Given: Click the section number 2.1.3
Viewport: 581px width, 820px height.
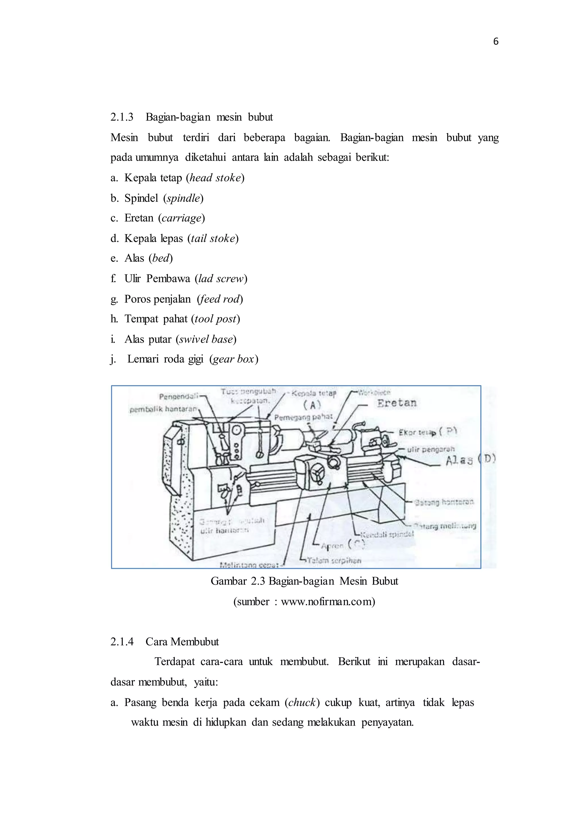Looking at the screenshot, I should point(122,117).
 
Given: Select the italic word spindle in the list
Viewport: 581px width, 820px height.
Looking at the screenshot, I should point(183,198).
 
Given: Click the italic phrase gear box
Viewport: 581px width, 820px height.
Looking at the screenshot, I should point(233,359).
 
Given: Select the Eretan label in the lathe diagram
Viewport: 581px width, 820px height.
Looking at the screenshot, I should point(397,403).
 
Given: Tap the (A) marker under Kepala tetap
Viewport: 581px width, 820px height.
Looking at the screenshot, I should point(312,405).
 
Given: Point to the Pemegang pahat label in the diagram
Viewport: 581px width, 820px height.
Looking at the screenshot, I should point(303,417).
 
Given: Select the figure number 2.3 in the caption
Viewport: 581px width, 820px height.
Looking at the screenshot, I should point(258,581).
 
